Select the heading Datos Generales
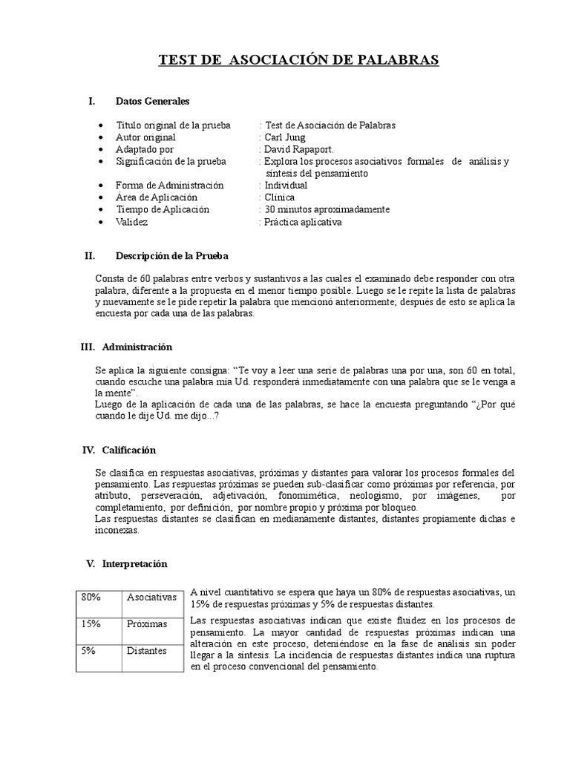(x=153, y=100)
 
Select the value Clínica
(x=280, y=197)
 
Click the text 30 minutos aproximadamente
(x=327, y=209)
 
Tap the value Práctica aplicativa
(x=304, y=222)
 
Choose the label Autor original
(x=146, y=137)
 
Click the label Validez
(x=132, y=222)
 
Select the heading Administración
(x=137, y=347)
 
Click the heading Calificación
(x=129, y=450)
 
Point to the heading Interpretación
(x=134, y=563)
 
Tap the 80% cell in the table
(x=91, y=597)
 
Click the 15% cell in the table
(x=91, y=623)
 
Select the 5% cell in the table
(x=89, y=651)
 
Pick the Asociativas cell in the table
(x=151, y=597)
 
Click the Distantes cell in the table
(x=148, y=651)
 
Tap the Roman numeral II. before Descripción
(x=91, y=256)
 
